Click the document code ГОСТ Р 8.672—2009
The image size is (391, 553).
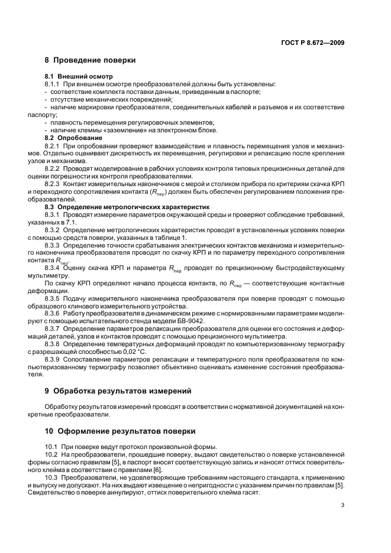tap(314, 43)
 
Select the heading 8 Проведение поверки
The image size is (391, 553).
tap(90, 60)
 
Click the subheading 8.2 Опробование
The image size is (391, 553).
tap(73, 137)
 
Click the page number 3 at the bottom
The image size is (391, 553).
tap(343, 505)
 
